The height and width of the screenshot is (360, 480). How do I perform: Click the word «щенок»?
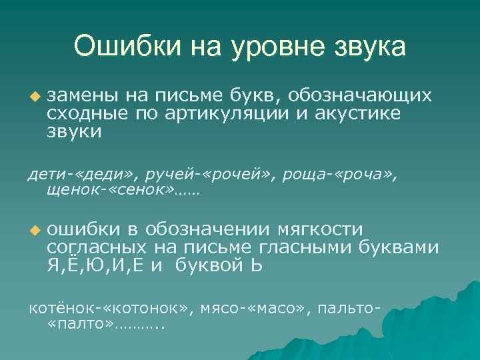68,193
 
